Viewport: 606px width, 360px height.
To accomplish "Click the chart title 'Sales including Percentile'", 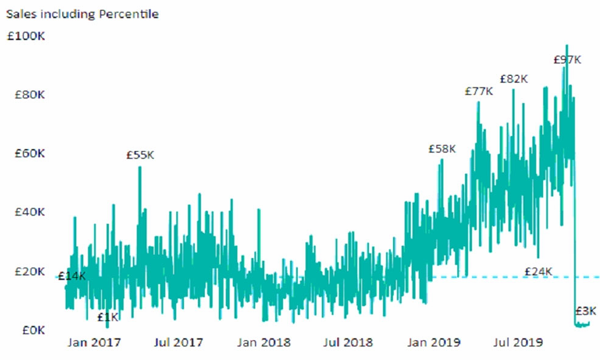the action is [82, 14].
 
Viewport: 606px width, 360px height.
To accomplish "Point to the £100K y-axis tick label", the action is [26, 36].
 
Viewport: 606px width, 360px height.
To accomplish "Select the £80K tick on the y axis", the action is [30, 95].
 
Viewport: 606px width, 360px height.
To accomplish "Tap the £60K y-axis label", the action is [30, 154].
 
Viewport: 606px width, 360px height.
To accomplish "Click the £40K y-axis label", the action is [30, 212].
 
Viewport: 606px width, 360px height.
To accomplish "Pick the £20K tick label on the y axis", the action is [30, 272].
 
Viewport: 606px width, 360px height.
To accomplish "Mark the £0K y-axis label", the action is [33, 330].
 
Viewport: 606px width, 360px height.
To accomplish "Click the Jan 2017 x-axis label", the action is [94, 343].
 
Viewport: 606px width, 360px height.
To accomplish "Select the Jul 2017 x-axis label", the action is [178, 343].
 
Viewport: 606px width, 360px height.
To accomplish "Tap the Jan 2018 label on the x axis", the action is [264, 343].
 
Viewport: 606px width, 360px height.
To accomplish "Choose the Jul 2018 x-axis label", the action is [348, 343].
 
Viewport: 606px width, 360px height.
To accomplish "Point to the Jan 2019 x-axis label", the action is [434, 343].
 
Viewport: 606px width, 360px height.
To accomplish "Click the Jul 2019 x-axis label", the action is [518, 343].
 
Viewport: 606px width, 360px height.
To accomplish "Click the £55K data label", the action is [140, 155].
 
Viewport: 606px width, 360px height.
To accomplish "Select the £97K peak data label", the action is [567, 60].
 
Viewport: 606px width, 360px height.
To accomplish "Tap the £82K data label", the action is [514, 79].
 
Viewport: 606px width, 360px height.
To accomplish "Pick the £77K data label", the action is [479, 92].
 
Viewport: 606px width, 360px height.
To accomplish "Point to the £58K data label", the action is [442, 149].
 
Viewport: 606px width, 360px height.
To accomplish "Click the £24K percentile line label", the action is [538, 272].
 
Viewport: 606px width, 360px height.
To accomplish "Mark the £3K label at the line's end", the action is [586, 311].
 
